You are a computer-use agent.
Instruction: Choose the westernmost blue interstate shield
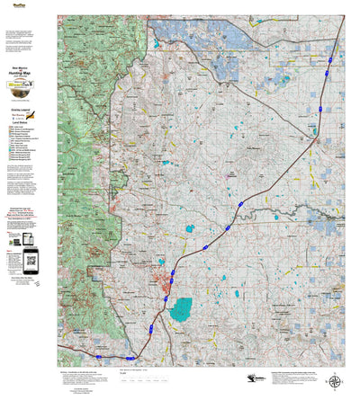point(130,358)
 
